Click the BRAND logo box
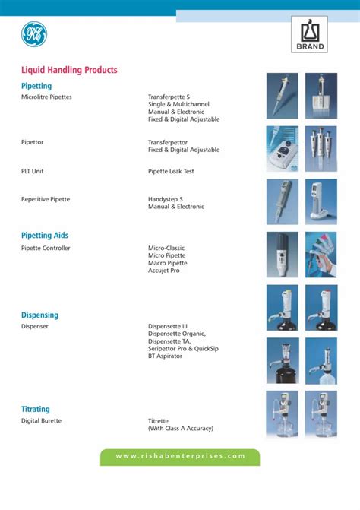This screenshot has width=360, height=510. [x=310, y=34]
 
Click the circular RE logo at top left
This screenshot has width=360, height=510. [x=34, y=33]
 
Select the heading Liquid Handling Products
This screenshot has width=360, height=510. [x=69, y=70]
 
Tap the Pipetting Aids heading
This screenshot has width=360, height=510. [x=45, y=236]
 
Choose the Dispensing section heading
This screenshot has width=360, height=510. [x=39, y=315]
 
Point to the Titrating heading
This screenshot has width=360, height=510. [x=35, y=409]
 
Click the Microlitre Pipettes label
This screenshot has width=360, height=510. [x=46, y=97]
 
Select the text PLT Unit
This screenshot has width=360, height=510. [x=32, y=172]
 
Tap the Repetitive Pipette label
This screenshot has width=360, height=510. [x=46, y=199]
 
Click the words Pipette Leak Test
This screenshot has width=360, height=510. [x=171, y=172]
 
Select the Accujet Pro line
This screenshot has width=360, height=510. [x=165, y=271]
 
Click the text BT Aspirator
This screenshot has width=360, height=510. [x=165, y=356]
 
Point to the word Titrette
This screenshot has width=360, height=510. [x=158, y=420]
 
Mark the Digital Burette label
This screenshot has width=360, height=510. [x=41, y=420]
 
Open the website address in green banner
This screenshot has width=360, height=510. [x=180, y=456]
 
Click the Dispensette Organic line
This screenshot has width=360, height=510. [x=176, y=334]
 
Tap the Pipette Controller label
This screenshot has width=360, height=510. [x=46, y=249]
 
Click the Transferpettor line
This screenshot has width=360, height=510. [x=169, y=142]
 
